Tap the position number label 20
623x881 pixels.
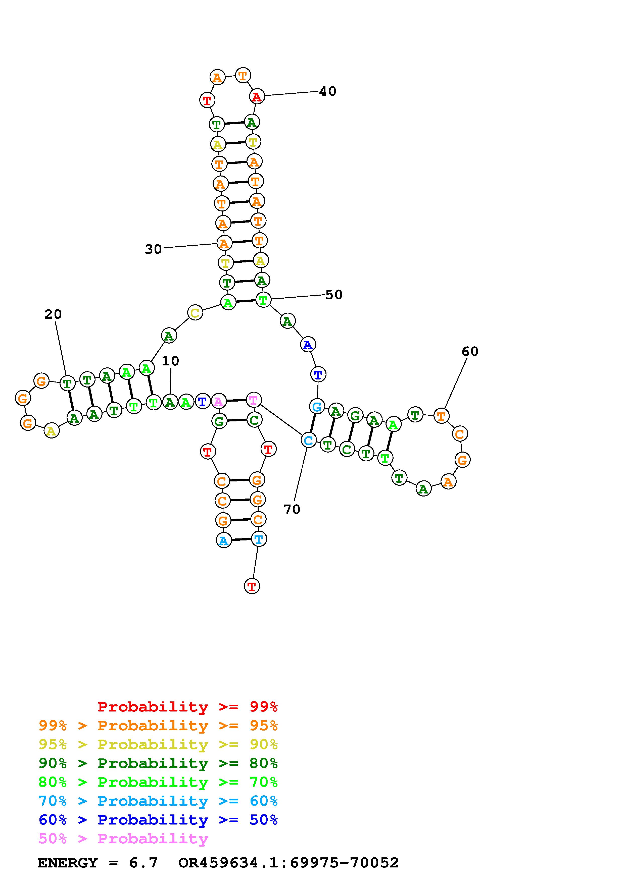point(53,314)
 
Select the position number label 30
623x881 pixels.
point(153,249)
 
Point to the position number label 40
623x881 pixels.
point(327,91)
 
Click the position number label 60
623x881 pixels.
point(470,352)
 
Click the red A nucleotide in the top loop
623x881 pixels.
point(257,97)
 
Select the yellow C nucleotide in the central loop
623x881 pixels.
point(195,313)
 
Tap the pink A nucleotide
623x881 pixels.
point(218,402)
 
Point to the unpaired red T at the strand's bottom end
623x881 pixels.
point(252,586)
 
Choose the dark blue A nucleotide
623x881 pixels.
point(308,345)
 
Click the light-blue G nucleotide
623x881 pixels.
point(317,406)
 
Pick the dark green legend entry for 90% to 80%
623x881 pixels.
point(158,763)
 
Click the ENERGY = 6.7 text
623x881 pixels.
point(98,863)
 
